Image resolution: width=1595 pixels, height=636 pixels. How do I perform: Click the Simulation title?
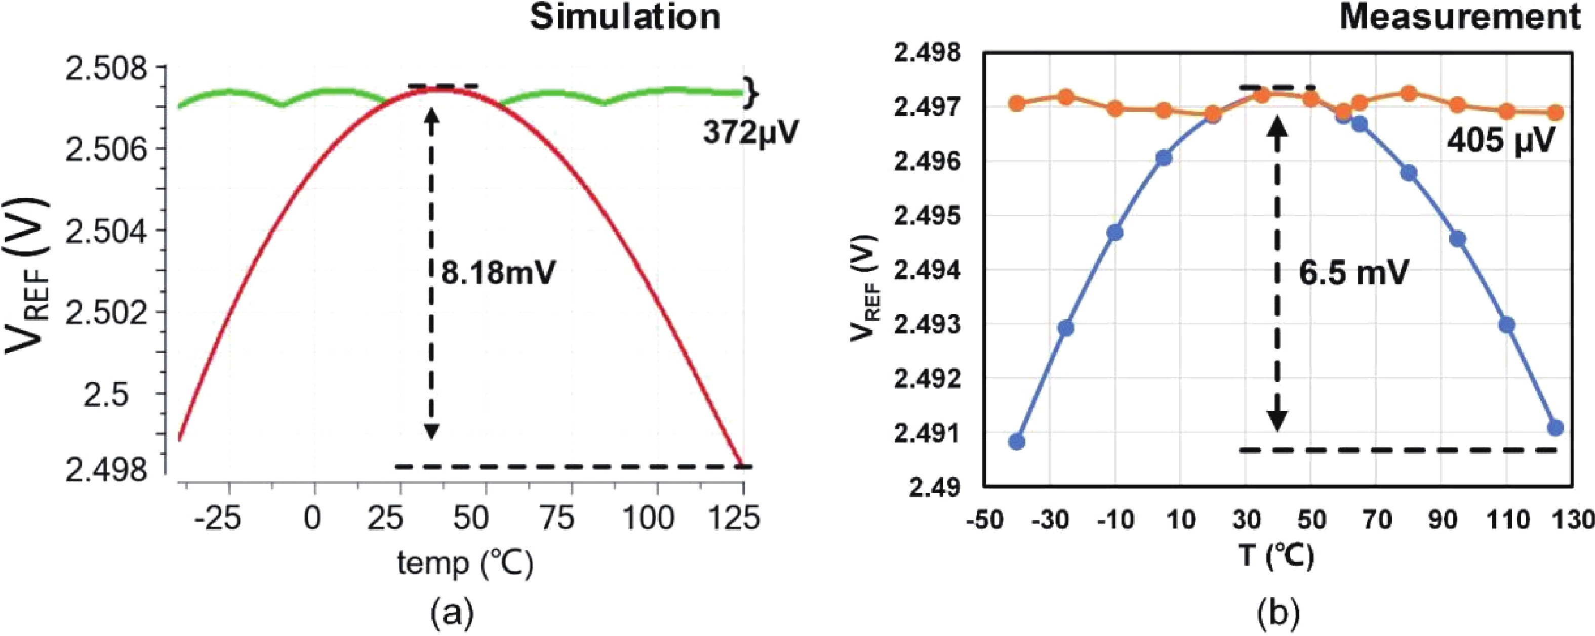(625, 17)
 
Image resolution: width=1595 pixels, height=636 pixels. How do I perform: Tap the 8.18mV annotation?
(498, 272)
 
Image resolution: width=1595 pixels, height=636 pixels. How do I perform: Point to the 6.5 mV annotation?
(1354, 272)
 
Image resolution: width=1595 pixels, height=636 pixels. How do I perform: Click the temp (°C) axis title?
(465, 564)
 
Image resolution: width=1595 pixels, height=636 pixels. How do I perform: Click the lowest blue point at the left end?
(1017, 442)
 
